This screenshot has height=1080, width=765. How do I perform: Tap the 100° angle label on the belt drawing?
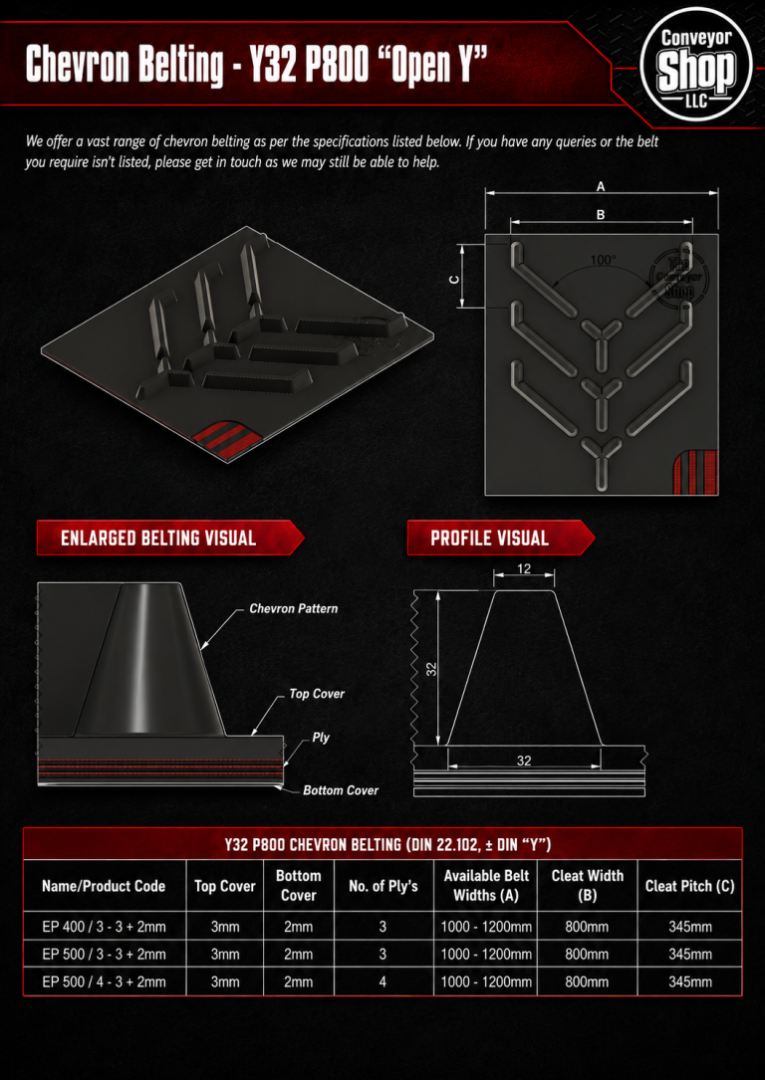click(603, 260)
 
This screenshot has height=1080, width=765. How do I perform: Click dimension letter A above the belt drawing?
click(601, 186)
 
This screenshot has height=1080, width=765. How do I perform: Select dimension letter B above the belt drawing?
click(601, 215)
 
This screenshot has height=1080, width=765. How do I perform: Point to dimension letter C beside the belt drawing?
click(453, 279)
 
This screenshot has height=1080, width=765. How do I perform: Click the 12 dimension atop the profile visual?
click(524, 569)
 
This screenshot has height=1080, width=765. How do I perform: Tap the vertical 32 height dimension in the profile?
click(432, 668)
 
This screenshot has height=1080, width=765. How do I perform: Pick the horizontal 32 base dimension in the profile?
click(524, 760)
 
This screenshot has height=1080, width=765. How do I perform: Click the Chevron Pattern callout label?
click(294, 608)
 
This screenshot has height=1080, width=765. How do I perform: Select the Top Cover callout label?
click(317, 694)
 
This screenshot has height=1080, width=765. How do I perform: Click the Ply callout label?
click(321, 737)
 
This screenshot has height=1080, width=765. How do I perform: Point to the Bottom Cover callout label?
click(341, 790)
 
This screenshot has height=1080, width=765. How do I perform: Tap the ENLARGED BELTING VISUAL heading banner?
click(170, 538)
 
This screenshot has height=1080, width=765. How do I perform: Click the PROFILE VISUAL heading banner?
click(501, 538)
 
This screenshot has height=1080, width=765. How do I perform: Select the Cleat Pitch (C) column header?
click(690, 887)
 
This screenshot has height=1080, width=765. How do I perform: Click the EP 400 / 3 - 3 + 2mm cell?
click(104, 927)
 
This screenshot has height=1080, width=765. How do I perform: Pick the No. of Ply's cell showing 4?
click(383, 981)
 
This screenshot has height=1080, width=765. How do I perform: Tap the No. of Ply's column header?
click(383, 887)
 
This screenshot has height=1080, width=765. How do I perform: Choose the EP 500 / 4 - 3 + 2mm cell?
click(104, 981)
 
